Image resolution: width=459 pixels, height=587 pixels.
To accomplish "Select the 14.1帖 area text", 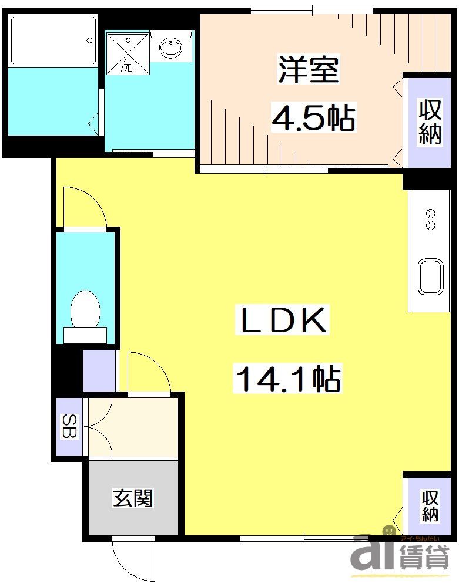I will (288, 378).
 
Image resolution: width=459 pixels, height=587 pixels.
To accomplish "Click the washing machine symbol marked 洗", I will (127, 52).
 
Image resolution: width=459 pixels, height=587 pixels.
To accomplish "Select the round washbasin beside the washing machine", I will (171, 49).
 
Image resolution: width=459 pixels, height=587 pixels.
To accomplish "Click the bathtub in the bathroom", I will (53, 41).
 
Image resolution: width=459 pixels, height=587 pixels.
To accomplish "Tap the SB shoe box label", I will (69, 426).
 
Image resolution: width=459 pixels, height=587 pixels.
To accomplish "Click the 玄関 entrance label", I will (133, 499).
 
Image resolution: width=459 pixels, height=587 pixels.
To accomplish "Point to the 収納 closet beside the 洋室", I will (430, 122).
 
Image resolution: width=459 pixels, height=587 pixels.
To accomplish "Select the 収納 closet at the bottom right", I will (430, 506).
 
